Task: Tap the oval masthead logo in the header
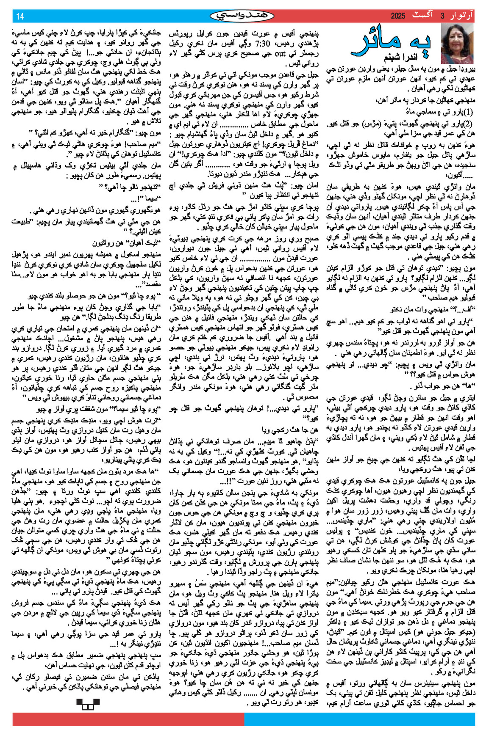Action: tap(242, 16)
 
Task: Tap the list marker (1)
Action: tap(467, 113)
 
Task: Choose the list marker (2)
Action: tap(467, 124)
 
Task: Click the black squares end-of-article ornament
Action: tap(88, 704)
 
